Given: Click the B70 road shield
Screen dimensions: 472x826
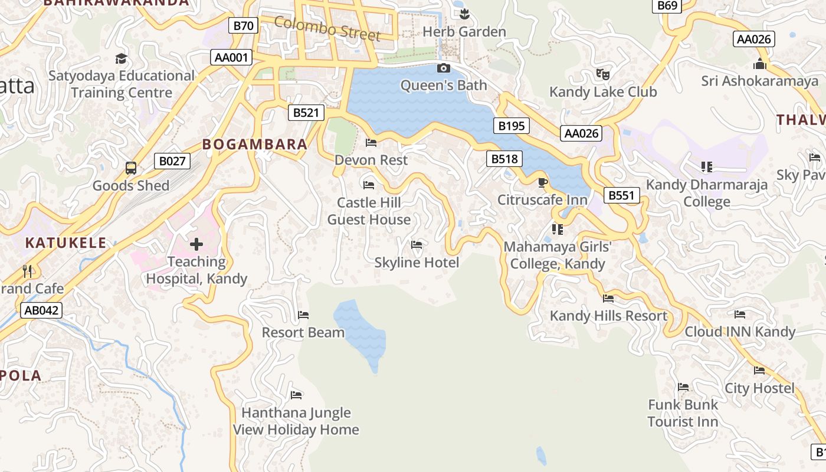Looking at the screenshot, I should pyautogui.click(x=243, y=25).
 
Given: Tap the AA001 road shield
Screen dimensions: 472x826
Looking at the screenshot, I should pyautogui.click(x=232, y=57).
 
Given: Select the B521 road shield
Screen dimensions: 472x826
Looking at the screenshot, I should pyautogui.click(x=306, y=113).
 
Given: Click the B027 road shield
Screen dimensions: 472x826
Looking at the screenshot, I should pyautogui.click(x=172, y=161).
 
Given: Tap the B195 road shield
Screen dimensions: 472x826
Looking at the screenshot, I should pyautogui.click(x=511, y=126).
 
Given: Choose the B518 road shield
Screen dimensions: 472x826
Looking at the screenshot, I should pyautogui.click(x=504, y=159).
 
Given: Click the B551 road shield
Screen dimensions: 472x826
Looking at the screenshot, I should pyautogui.click(x=621, y=195).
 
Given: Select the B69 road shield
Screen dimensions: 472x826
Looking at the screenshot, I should pyautogui.click(x=667, y=5).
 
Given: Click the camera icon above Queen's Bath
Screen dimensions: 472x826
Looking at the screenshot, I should pyautogui.click(x=444, y=68).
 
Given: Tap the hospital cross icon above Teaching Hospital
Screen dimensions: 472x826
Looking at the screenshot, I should pyautogui.click(x=196, y=244).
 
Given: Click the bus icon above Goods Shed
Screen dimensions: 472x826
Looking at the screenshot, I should pyautogui.click(x=131, y=168).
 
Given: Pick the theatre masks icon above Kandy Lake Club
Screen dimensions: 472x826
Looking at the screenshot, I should pyautogui.click(x=602, y=74).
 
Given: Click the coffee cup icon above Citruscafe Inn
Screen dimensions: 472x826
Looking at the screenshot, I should pyautogui.click(x=542, y=182).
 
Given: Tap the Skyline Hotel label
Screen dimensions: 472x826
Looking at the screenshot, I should pyautogui.click(x=417, y=263).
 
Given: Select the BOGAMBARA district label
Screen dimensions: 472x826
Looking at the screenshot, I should pyautogui.click(x=255, y=144).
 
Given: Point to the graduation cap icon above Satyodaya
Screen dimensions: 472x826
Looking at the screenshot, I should pyautogui.click(x=121, y=58).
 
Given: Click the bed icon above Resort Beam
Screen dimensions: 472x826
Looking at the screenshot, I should pyautogui.click(x=303, y=315).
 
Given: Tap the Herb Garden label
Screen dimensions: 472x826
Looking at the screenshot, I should pyautogui.click(x=464, y=32).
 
